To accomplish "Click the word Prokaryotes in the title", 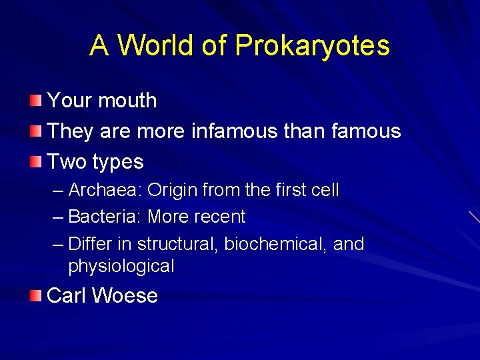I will (x=312, y=45).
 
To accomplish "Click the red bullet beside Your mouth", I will (x=35, y=101).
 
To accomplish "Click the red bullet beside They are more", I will (x=35, y=131).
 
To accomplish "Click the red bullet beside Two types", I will (x=35, y=162).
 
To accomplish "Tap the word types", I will (x=118, y=162).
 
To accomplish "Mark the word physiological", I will (x=121, y=266).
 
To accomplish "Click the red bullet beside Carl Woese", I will (x=35, y=296).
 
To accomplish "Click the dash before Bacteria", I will (x=58, y=217).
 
